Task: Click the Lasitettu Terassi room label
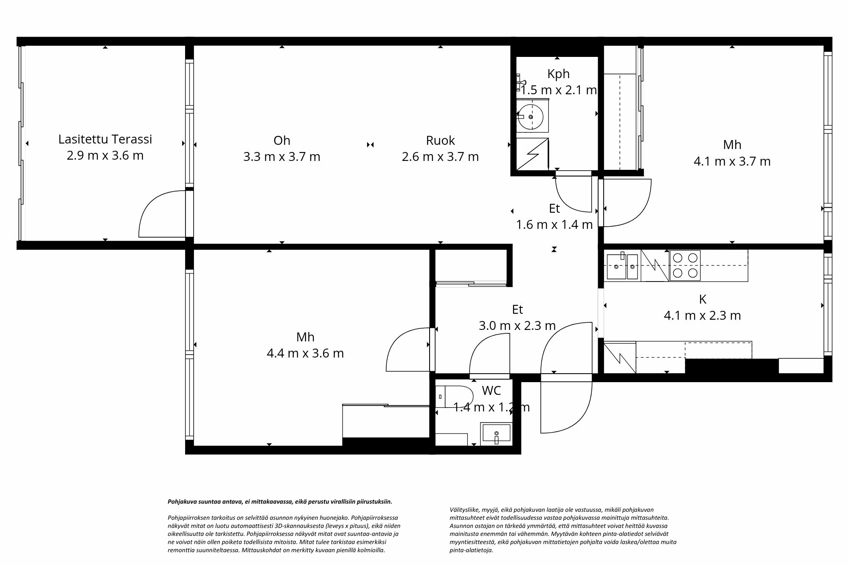105,139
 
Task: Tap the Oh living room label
281,141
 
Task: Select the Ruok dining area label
440,141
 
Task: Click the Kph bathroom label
558,74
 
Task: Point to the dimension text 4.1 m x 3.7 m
732,161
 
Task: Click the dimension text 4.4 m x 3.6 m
305,353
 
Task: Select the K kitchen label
703,299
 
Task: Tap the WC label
491,390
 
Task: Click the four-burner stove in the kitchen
685,265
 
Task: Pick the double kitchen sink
622,266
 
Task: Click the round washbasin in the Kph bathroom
531,116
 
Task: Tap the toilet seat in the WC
454,396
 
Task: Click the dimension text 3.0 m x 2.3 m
517,326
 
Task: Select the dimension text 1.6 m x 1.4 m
554,225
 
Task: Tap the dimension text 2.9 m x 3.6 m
105,155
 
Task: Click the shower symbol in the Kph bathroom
532,154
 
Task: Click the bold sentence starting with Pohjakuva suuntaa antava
280,501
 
